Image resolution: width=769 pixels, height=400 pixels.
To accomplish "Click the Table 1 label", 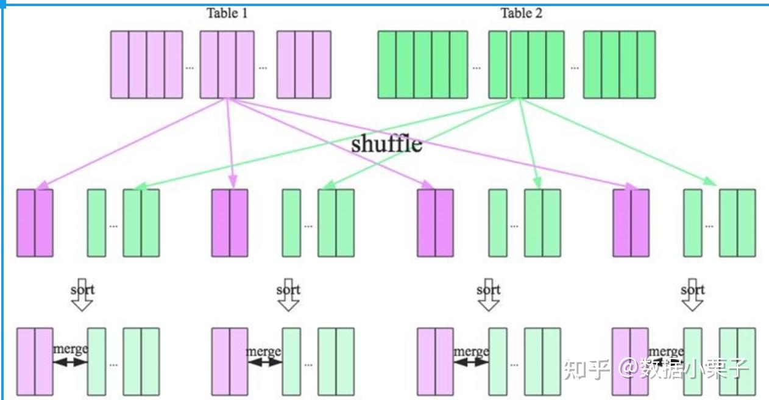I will click(x=227, y=13).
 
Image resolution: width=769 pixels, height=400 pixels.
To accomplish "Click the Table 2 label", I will click(x=521, y=13).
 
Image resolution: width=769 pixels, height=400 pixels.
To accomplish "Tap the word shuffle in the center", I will click(x=386, y=144).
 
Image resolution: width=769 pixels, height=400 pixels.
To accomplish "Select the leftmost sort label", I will click(x=82, y=289).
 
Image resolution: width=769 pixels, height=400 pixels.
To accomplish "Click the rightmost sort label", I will click(x=692, y=289).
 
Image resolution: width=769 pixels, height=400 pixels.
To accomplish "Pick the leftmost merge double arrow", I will click(x=70, y=362).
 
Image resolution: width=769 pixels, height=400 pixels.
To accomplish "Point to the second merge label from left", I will click(x=263, y=351).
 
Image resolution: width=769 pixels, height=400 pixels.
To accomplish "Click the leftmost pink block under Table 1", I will click(x=146, y=65).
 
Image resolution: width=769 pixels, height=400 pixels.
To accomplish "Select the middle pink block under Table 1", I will click(x=227, y=65).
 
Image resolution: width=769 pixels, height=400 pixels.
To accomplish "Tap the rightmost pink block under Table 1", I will click(x=303, y=65).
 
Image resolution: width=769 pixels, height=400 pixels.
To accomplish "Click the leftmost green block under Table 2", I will click(x=422, y=65).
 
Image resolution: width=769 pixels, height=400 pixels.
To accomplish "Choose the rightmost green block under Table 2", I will click(x=619, y=65).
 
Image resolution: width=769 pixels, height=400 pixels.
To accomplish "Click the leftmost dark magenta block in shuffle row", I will click(x=35, y=223).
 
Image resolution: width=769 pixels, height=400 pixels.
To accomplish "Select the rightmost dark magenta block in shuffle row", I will click(x=631, y=223).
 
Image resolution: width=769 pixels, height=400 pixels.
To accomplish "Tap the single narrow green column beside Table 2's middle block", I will click(x=498, y=65).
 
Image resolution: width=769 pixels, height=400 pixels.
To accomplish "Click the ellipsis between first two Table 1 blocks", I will click(x=190, y=67).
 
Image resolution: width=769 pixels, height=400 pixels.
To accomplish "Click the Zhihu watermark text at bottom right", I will click(x=656, y=368).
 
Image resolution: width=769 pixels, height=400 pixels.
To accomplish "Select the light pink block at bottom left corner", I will click(x=35, y=362).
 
